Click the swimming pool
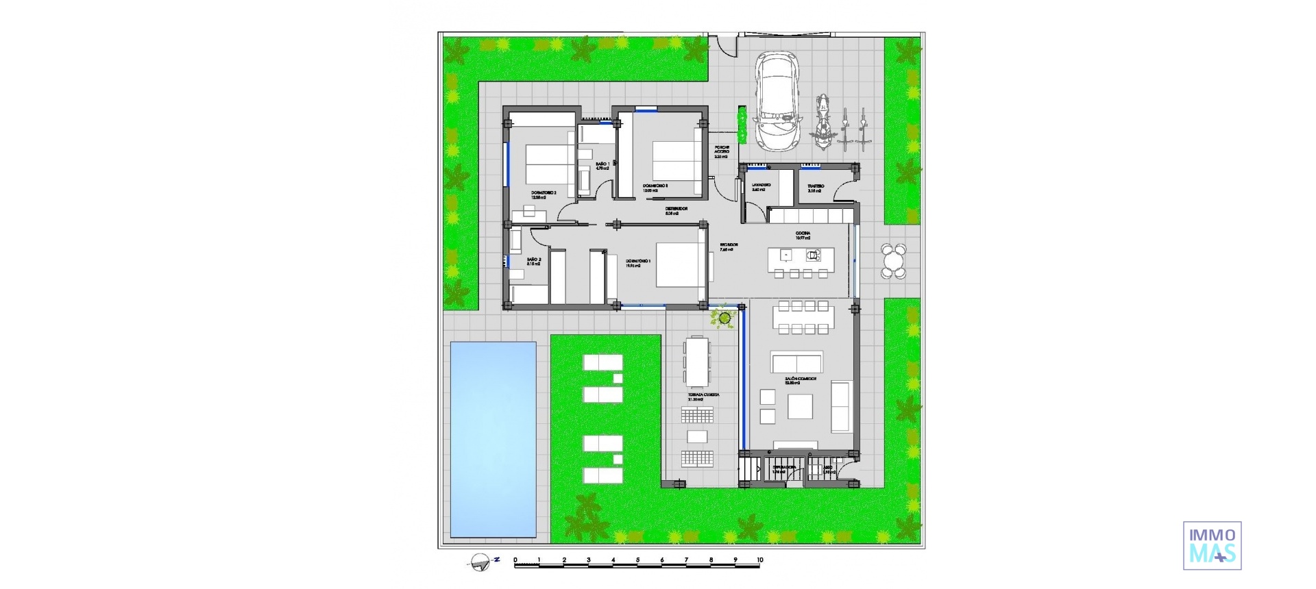[x=493, y=439]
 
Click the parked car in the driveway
[x=778, y=103]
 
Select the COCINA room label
[x=803, y=234]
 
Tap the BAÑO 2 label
[x=534, y=260]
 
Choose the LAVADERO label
[x=761, y=186]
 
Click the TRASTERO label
[x=816, y=186]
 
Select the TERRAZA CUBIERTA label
[x=704, y=395]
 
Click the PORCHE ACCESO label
[x=722, y=150]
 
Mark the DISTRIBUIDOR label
[x=676, y=209]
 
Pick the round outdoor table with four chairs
[x=892, y=261]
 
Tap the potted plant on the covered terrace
[x=724, y=317]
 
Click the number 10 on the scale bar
[x=759, y=560]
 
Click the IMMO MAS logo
[x=1212, y=545]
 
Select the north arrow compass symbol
[x=481, y=562]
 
